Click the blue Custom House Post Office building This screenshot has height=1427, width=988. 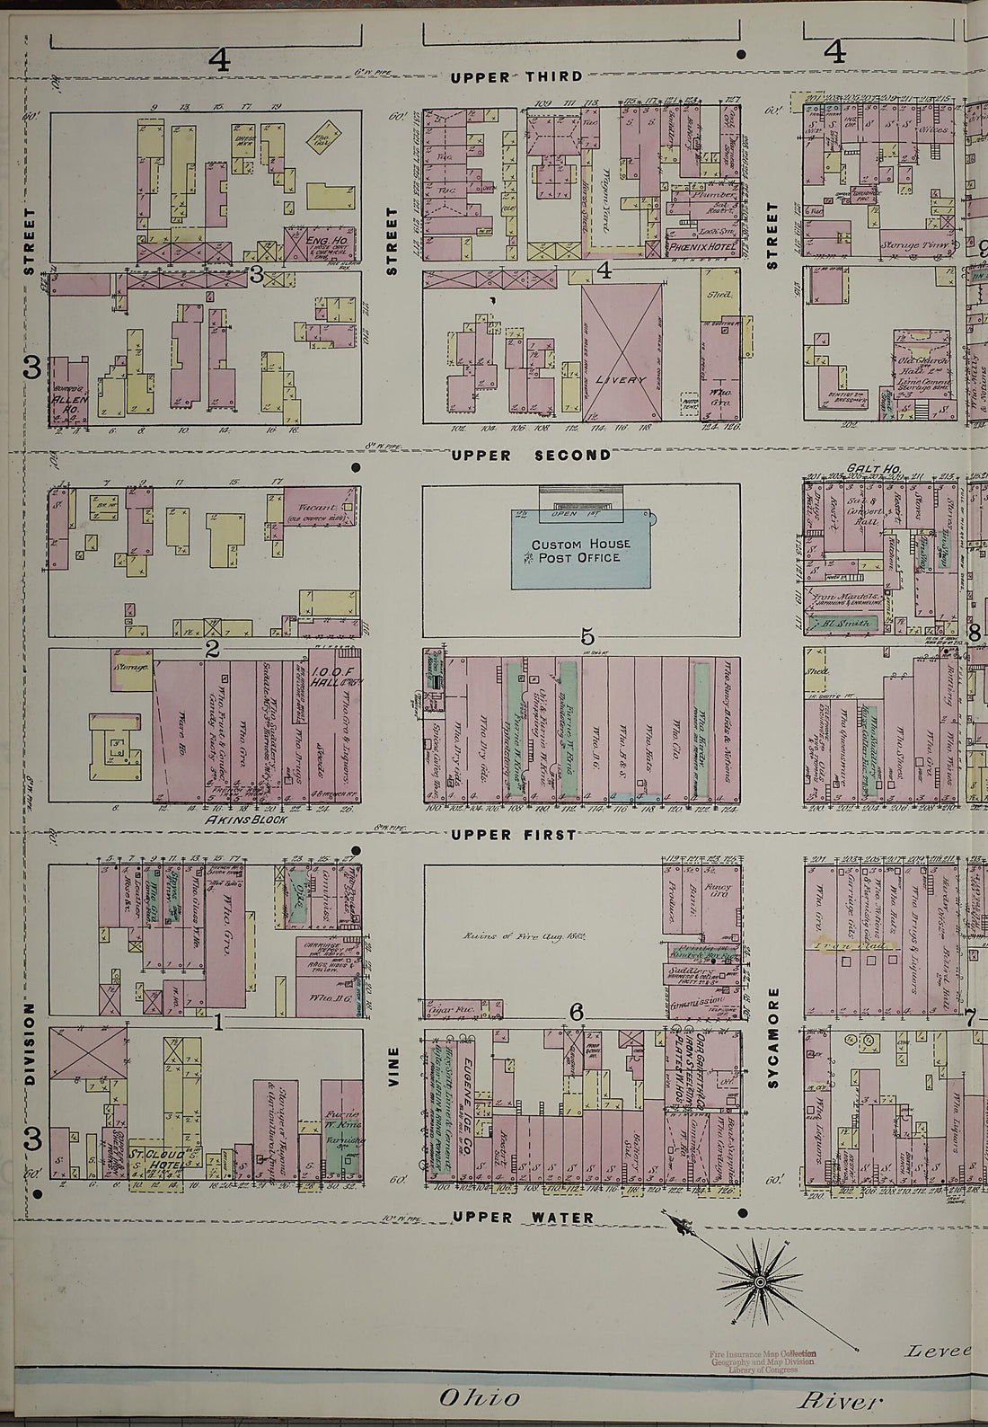tap(580, 550)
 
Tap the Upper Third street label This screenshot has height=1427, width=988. tap(516, 76)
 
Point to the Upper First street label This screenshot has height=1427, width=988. tap(514, 835)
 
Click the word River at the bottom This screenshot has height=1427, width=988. tap(840, 1399)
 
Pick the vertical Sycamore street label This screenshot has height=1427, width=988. tap(772, 1038)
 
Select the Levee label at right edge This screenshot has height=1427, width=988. tap(938, 1351)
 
